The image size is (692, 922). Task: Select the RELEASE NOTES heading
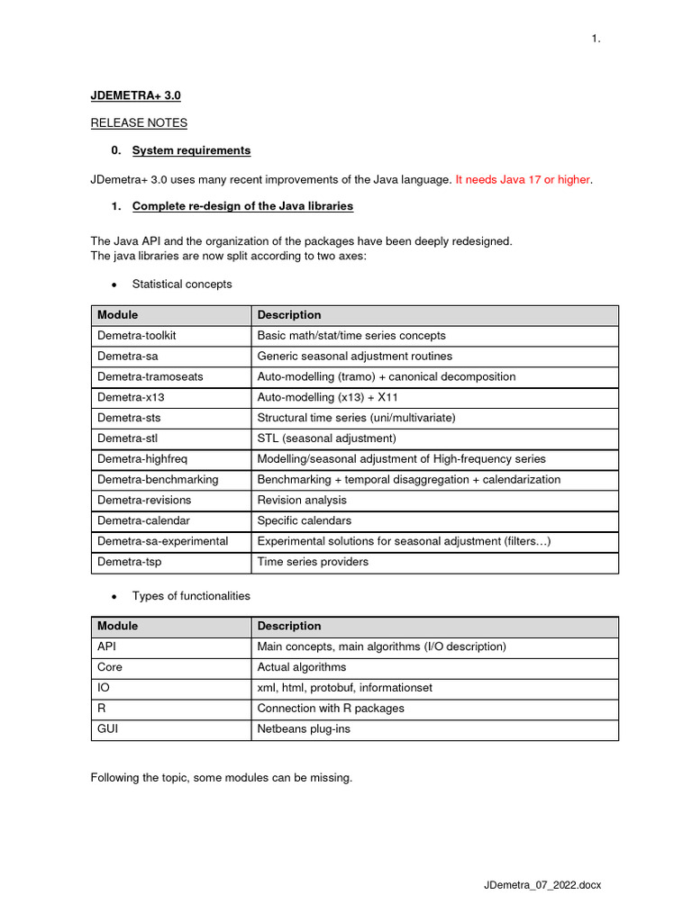(x=139, y=122)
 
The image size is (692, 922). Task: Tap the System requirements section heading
(x=191, y=150)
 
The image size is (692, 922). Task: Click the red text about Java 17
(x=524, y=179)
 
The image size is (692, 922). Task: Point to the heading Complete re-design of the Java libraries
(x=242, y=206)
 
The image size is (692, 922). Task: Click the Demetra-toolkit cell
(x=137, y=335)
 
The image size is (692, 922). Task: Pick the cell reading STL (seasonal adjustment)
(x=326, y=438)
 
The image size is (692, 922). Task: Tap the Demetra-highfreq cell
(x=142, y=458)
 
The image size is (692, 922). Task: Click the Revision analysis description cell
(x=302, y=500)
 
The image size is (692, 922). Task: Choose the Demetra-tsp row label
(x=130, y=562)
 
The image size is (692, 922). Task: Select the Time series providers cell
(x=313, y=562)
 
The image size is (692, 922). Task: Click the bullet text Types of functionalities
(x=191, y=596)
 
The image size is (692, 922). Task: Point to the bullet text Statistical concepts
(x=182, y=284)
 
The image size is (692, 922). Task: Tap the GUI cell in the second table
(x=107, y=728)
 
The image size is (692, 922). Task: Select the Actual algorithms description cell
(x=302, y=667)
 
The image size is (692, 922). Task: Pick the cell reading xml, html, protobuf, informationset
(x=345, y=687)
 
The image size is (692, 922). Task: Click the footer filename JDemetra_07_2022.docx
(x=542, y=885)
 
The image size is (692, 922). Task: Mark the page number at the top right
(x=596, y=38)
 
